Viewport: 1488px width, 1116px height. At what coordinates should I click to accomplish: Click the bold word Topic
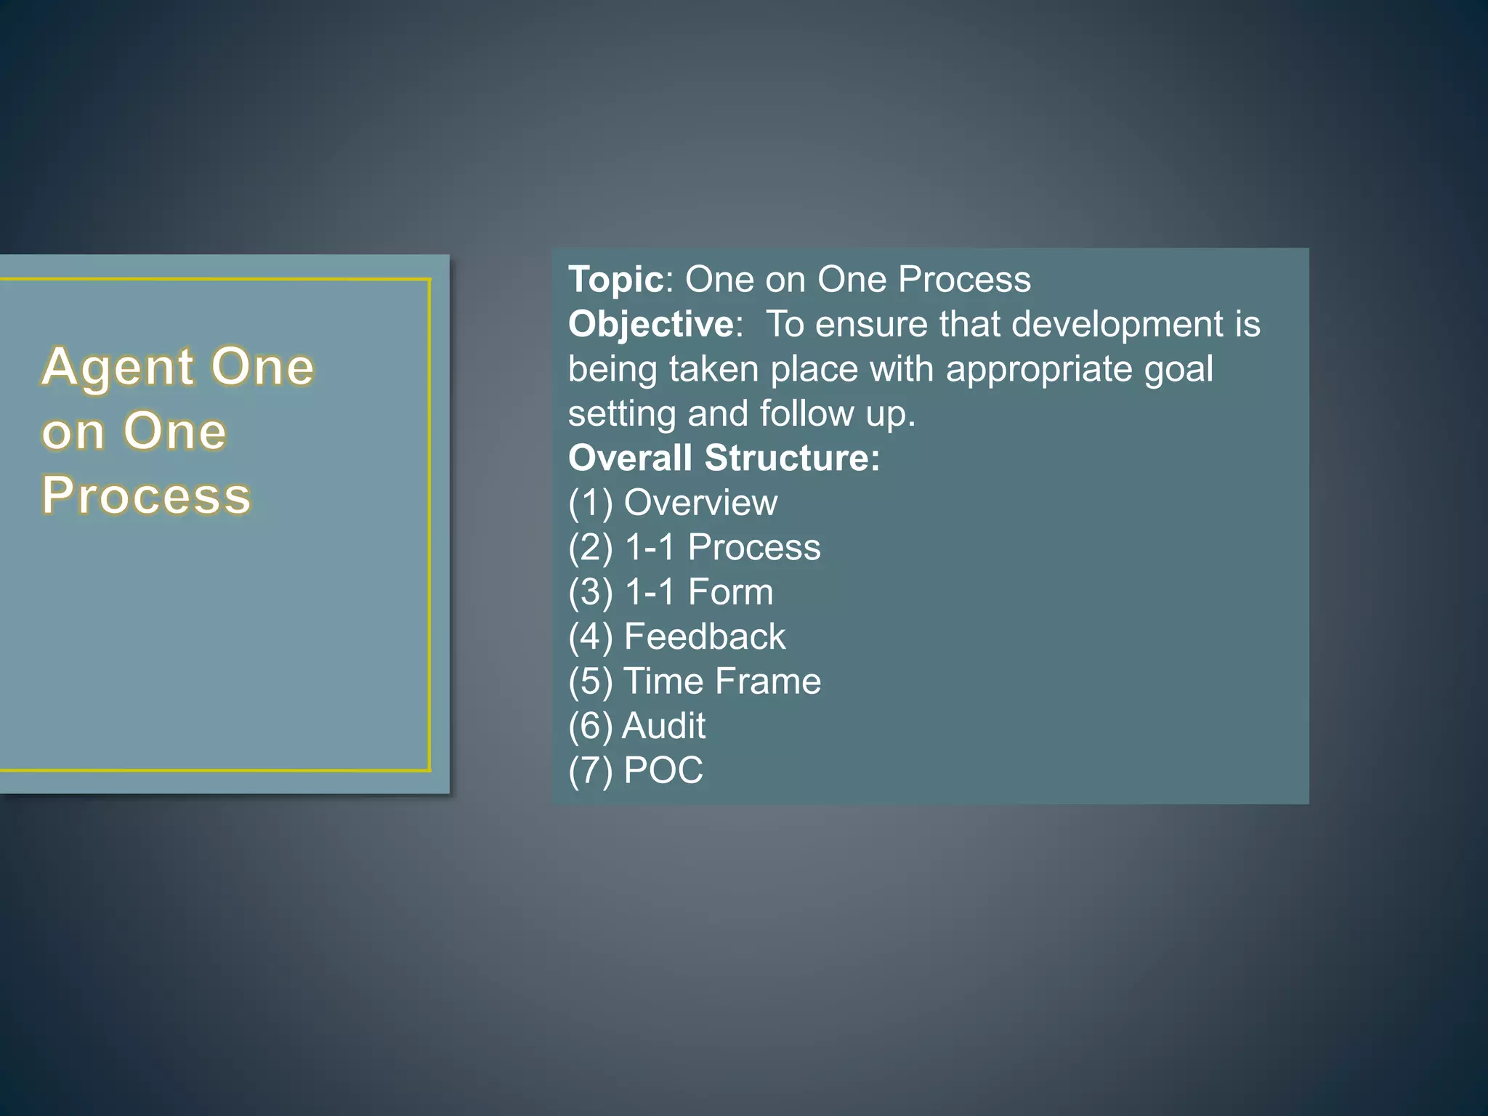point(615,280)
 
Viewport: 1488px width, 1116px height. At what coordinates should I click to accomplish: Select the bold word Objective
point(651,324)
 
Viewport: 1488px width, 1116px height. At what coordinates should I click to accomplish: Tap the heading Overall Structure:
point(724,458)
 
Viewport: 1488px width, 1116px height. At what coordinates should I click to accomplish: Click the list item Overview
point(700,503)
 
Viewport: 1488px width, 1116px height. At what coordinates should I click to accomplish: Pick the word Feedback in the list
point(704,637)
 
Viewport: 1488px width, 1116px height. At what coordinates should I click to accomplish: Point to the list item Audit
point(663,726)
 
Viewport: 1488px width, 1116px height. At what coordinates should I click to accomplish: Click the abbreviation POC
point(663,771)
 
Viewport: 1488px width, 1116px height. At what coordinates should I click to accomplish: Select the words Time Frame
point(722,682)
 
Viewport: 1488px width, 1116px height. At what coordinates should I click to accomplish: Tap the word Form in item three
point(730,592)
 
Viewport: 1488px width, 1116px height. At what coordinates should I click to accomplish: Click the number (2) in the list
point(591,548)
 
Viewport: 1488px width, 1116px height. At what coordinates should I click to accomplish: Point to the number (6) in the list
point(591,727)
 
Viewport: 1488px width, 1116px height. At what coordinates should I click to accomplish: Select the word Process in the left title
point(146,496)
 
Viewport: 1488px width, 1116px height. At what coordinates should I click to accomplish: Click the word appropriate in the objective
point(1038,369)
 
